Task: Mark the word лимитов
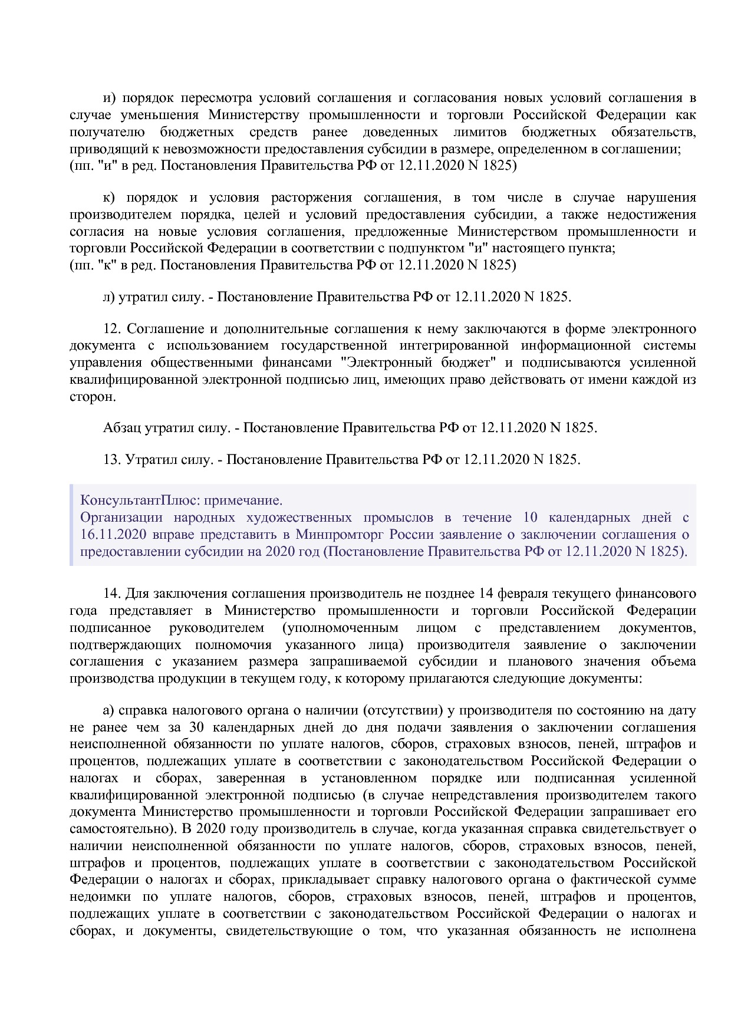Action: tap(479, 131)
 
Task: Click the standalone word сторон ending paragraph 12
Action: tap(92, 396)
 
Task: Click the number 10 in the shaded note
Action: tap(530, 518)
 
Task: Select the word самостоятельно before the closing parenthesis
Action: tap(120, 829)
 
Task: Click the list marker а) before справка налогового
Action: tap(108, 710)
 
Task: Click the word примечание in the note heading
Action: tap(249, 500)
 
